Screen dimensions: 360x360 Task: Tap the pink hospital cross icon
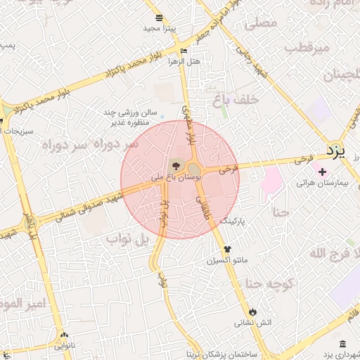coord(322,171)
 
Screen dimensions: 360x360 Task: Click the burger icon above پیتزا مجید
coord(159,18)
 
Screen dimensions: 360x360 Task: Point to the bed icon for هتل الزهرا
coord(184,51)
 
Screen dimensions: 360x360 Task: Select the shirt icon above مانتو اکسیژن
coord(226,249)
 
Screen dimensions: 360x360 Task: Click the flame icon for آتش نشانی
coord(252,311)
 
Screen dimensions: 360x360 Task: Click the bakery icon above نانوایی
coord(65,335)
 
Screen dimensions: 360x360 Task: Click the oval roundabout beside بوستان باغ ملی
coord(193,169)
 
